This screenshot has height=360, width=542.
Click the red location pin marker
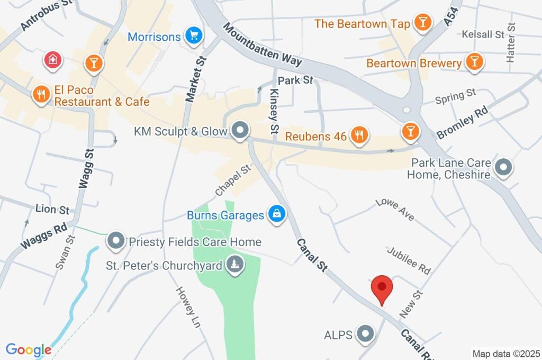382,289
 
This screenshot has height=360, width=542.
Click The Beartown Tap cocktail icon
422,23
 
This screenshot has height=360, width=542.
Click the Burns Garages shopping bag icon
276,214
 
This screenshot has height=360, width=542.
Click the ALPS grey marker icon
365,334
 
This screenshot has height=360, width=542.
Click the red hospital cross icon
53,60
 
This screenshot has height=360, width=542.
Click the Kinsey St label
274,111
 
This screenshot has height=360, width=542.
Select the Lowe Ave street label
395,209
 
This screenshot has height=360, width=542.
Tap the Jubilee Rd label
408,260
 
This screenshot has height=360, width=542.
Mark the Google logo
29,350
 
